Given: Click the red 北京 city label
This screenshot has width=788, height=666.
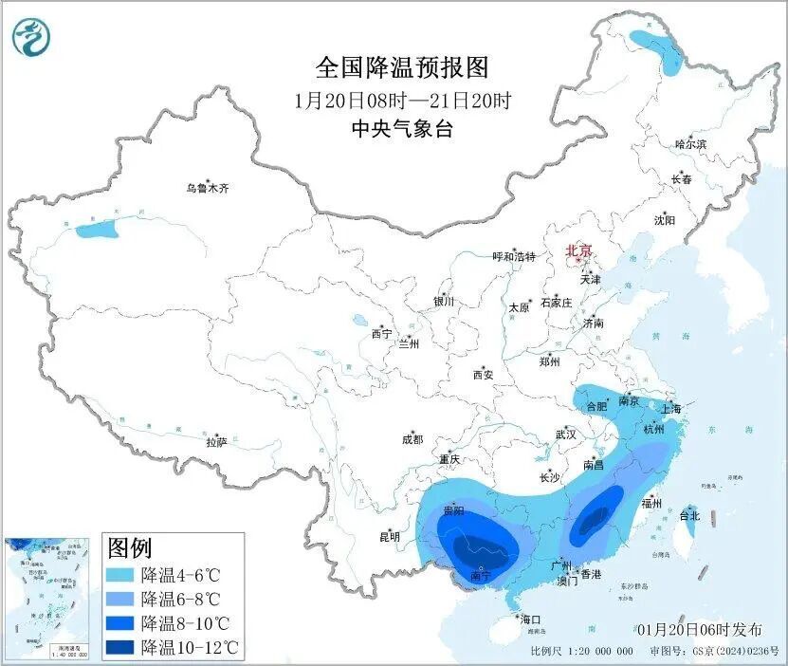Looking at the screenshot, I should coord(578,251).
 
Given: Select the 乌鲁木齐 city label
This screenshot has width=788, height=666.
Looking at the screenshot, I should coord(207,189).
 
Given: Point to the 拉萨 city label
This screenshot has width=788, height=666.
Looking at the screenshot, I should coord(216,441).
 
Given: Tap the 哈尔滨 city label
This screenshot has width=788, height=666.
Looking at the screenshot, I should coord(690,144).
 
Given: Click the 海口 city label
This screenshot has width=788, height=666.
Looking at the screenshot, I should coord(530,620).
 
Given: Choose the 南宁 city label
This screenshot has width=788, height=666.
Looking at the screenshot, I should coord(482,576).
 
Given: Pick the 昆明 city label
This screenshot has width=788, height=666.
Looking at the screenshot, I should coord(390,537).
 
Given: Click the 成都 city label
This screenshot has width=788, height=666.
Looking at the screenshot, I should coord(412,439).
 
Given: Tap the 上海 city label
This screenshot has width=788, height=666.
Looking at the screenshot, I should coord(671,409).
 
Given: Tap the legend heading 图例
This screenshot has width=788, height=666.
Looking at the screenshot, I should coord(129,548).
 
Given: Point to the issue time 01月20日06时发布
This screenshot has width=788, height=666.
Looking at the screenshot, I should coord(699,629).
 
